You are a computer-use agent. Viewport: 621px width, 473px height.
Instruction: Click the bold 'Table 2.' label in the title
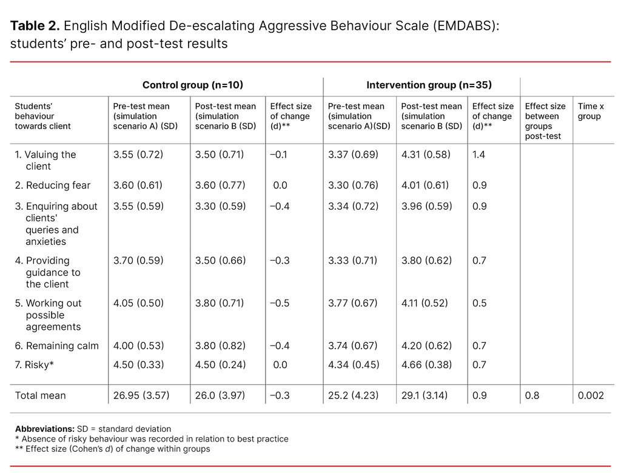35,25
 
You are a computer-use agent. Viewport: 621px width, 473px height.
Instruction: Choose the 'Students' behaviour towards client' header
42,116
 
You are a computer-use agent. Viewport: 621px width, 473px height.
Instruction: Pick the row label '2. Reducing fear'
52,186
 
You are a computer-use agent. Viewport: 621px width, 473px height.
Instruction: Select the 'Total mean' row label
40,395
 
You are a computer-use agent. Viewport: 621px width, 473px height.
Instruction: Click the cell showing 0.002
591,395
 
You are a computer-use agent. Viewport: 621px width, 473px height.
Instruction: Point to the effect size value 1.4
478,155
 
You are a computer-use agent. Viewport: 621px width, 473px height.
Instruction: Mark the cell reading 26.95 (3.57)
141,395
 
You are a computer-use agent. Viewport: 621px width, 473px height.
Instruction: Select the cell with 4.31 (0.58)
426,155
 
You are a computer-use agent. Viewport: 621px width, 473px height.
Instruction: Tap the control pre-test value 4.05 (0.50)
138,303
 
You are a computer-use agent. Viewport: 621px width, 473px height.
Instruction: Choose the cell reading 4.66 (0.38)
426,364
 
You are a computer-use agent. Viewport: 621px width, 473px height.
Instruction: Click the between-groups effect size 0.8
532,395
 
